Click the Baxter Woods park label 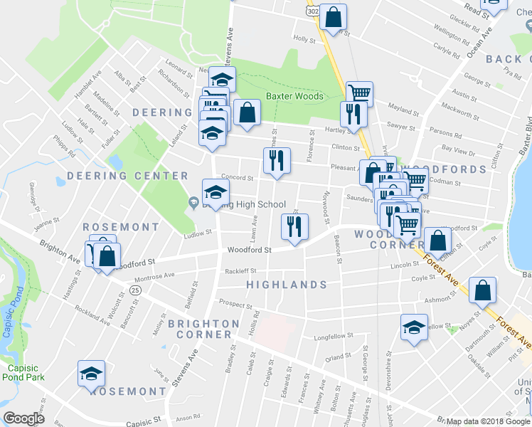(294, 96)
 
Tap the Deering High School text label (244, 204)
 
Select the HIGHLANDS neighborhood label (286, 285)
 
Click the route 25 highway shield (135, 290)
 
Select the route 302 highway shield (312, 12)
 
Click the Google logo (23, 418)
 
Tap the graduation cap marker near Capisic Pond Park (92, 374)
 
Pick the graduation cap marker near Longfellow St (413, 327)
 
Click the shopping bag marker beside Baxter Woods (246, 112)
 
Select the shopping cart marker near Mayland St (360, 93)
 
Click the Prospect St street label (236, 305)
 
